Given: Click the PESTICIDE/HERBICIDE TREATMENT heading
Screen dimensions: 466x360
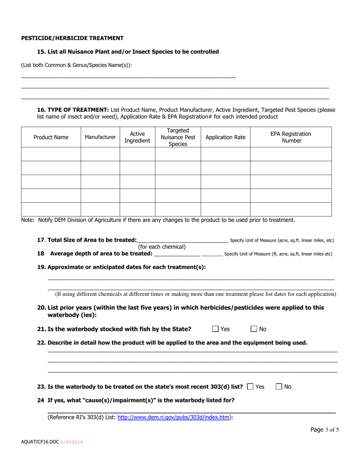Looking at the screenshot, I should [x=72, y=38].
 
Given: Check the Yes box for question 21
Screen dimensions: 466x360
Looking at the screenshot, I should [x=215, y=329].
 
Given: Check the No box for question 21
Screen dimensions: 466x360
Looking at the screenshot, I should [x=254, y=329].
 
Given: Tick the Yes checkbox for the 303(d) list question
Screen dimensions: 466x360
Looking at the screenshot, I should [x=250, y=387].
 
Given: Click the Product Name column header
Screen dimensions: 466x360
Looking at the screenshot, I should [x=51, y=138].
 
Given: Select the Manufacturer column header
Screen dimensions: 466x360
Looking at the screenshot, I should [x=100, y=138].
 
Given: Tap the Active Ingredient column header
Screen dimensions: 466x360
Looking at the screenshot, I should [x=137, y=138].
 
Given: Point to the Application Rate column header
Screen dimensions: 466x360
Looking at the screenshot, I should [x=225, y=138].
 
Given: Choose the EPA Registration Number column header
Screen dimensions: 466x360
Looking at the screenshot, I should [x=291, y=137].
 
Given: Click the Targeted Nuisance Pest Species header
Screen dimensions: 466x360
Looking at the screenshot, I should [x=178, y=137].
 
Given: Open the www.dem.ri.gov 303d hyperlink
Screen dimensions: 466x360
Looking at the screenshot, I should [x=174, y=417].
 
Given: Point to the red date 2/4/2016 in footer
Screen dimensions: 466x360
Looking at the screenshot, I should [x=72, y=442].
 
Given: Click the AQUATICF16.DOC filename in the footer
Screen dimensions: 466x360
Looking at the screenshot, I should [x=40, y=442].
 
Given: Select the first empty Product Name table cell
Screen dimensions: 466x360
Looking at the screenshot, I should [x=51, y=154].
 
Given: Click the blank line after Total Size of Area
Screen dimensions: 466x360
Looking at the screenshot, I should [x=182, y=240].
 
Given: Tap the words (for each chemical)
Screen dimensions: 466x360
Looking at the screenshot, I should [x=162, y=247].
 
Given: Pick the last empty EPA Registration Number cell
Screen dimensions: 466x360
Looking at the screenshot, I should [x=291, y=209].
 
